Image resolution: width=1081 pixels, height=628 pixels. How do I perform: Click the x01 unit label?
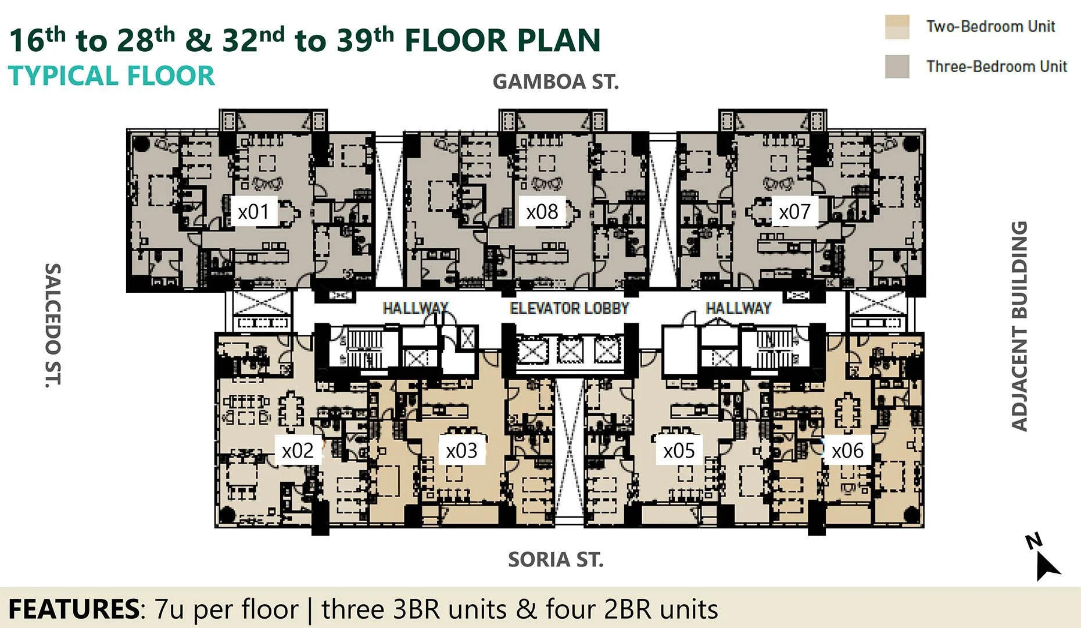point(253,212)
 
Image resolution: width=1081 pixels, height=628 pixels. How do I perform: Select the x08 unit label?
point(542,212)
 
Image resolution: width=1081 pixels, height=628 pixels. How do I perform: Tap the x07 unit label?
point(794,212)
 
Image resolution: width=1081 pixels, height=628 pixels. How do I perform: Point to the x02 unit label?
point(298,451)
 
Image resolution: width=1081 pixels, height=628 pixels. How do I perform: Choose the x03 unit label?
point(461,451)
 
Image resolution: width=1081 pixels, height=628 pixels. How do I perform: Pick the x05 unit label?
point(679,451)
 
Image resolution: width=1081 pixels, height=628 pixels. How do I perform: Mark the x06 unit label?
point(847,451)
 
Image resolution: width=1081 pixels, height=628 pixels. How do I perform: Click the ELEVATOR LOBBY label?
point(570,308)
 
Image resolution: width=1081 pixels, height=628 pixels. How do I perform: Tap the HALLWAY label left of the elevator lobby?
point(415,308)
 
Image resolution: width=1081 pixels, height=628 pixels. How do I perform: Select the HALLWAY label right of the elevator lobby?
point(738,308)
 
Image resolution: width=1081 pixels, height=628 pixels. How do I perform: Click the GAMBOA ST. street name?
point(556,82)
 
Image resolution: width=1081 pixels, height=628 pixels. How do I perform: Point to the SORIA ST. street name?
point(556,559)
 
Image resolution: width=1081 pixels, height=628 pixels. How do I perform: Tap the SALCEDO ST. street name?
point(53,325)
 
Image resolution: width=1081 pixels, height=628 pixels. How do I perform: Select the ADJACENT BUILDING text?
point(1019,326)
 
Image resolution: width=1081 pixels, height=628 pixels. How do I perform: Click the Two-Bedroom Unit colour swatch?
point(897,27)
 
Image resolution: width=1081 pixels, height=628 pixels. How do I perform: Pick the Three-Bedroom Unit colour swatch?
point(897,66)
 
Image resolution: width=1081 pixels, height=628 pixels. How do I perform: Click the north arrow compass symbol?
point(1044,558)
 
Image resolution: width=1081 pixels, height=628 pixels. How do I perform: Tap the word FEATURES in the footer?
point(73,609)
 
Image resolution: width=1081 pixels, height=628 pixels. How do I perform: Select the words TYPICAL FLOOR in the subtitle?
point(111,76)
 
